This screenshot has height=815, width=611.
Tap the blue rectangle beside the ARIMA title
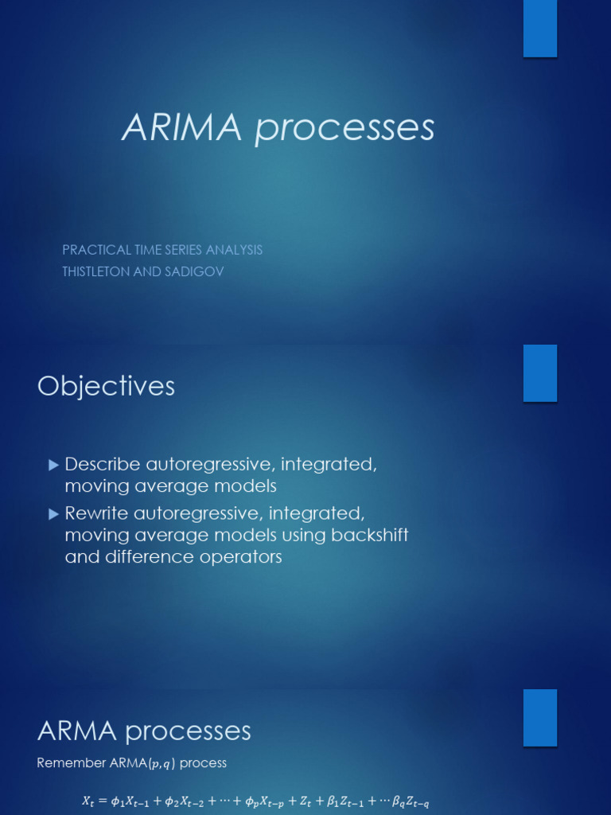(x=540, y=29)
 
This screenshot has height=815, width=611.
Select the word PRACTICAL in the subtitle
(x=95, y=250)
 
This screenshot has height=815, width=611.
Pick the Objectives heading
(x=106, y=386)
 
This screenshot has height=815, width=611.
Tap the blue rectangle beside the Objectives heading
(x=540, y=372)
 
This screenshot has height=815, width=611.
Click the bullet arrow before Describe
(x=53, y=463)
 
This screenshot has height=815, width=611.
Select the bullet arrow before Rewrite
(x=53, y=513)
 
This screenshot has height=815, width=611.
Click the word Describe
(x=103, y=464)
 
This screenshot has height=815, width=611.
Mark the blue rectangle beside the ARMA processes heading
(x=540, y=717)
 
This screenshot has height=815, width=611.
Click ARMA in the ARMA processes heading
(x=76, y=731)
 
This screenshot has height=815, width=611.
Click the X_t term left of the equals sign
(x=88, y=803)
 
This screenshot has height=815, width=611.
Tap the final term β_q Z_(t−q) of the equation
(x=413, y=803)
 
